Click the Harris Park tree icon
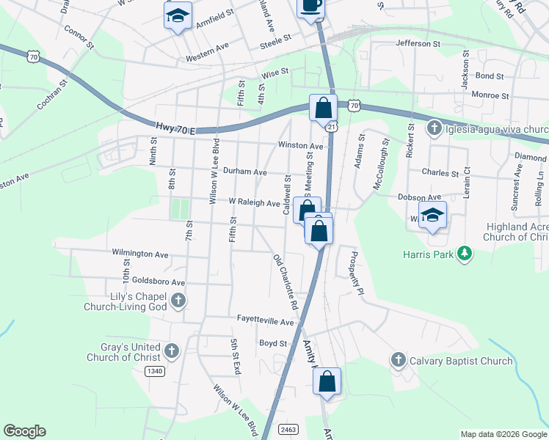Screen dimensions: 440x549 463,254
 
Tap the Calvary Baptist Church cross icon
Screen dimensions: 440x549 398,360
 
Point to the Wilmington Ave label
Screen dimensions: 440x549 140,254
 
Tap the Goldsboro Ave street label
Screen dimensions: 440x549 159,282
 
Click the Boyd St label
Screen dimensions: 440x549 272,342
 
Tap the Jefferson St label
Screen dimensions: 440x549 417,44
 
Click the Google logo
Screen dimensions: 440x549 24,431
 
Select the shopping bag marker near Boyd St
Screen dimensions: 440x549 327,382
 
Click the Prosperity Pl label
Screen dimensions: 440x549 357,274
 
